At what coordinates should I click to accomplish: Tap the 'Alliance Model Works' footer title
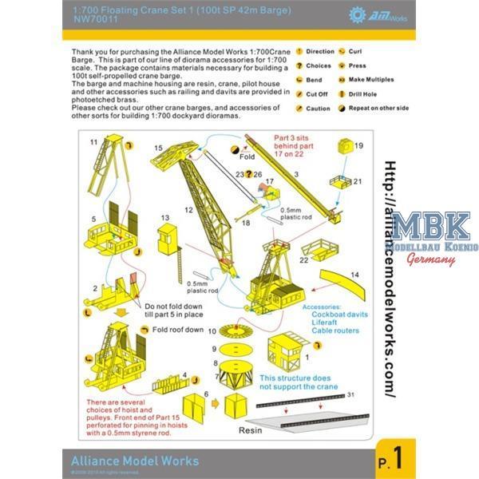pos(131,461)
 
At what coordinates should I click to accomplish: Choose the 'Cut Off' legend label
pos(318,94)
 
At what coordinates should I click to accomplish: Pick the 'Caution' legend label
pos(318,109)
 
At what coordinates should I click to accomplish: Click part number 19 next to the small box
pos(358,146)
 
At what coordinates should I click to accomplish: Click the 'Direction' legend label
pos(320,52)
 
